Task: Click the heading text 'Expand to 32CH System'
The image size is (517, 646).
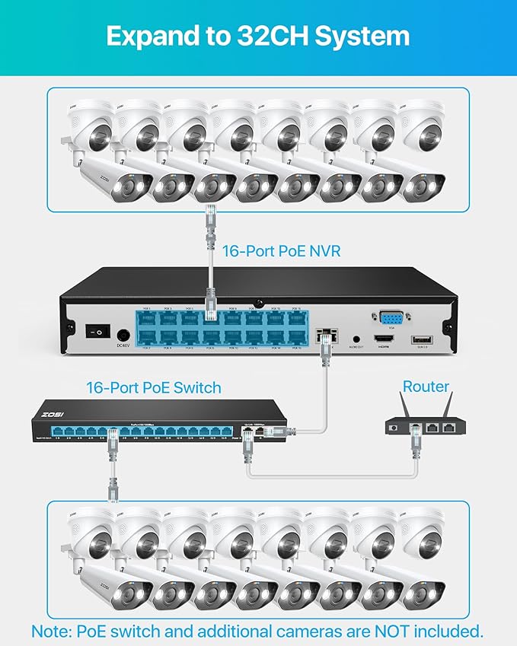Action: (x=258, y=36)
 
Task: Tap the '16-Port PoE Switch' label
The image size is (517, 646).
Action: (x=155, y=387)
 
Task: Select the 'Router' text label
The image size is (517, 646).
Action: (x=426, y=387)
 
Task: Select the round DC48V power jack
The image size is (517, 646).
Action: (x=122, y=333)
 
